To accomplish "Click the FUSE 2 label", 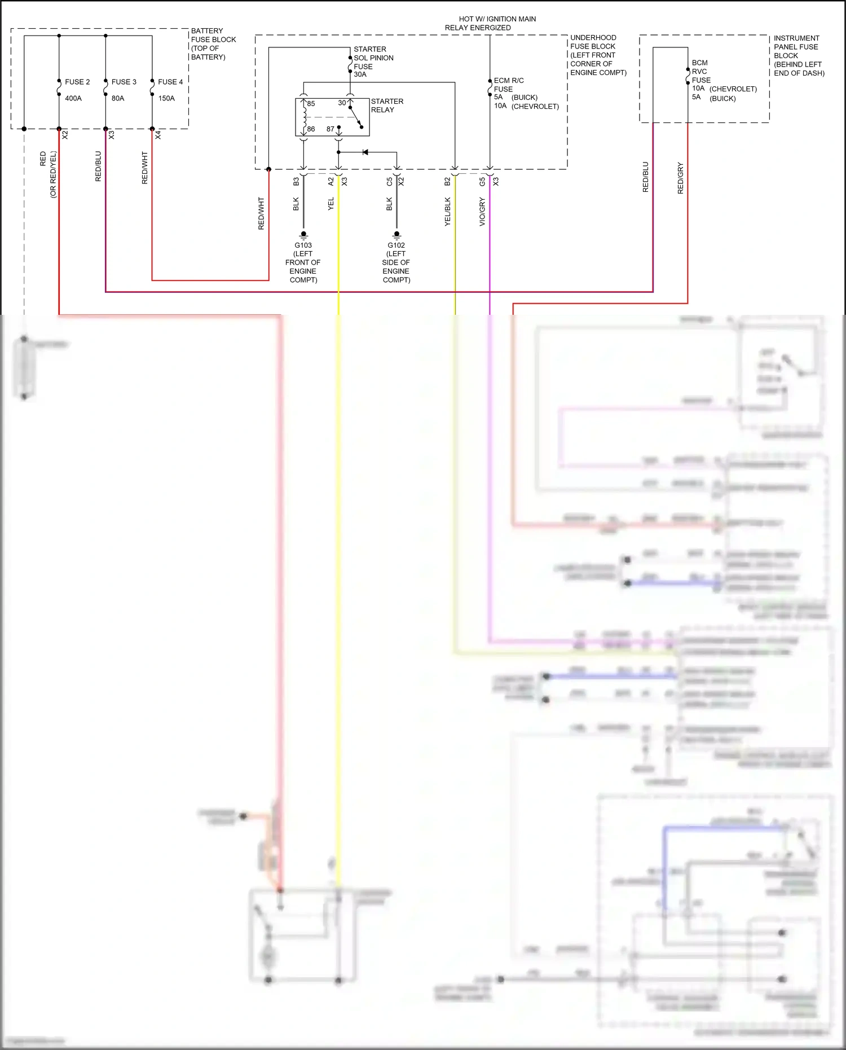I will coord(77,82).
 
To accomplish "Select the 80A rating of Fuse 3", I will coord(118,98).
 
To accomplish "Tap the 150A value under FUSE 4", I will coord(166,98).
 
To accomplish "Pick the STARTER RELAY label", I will coord(387,106).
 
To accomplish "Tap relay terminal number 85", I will coord(311,104).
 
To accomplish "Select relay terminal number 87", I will coord(330,129).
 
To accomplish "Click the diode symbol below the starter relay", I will coord(365,152).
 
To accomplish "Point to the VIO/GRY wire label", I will coord(482,212).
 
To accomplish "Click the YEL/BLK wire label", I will coord(448,212).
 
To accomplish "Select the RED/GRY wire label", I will coord(680,178).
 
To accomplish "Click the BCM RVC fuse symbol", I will coord(688,76).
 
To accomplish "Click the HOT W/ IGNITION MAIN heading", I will coord(497,19).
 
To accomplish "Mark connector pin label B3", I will coord(296,182).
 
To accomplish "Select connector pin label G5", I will coord(482,182).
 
